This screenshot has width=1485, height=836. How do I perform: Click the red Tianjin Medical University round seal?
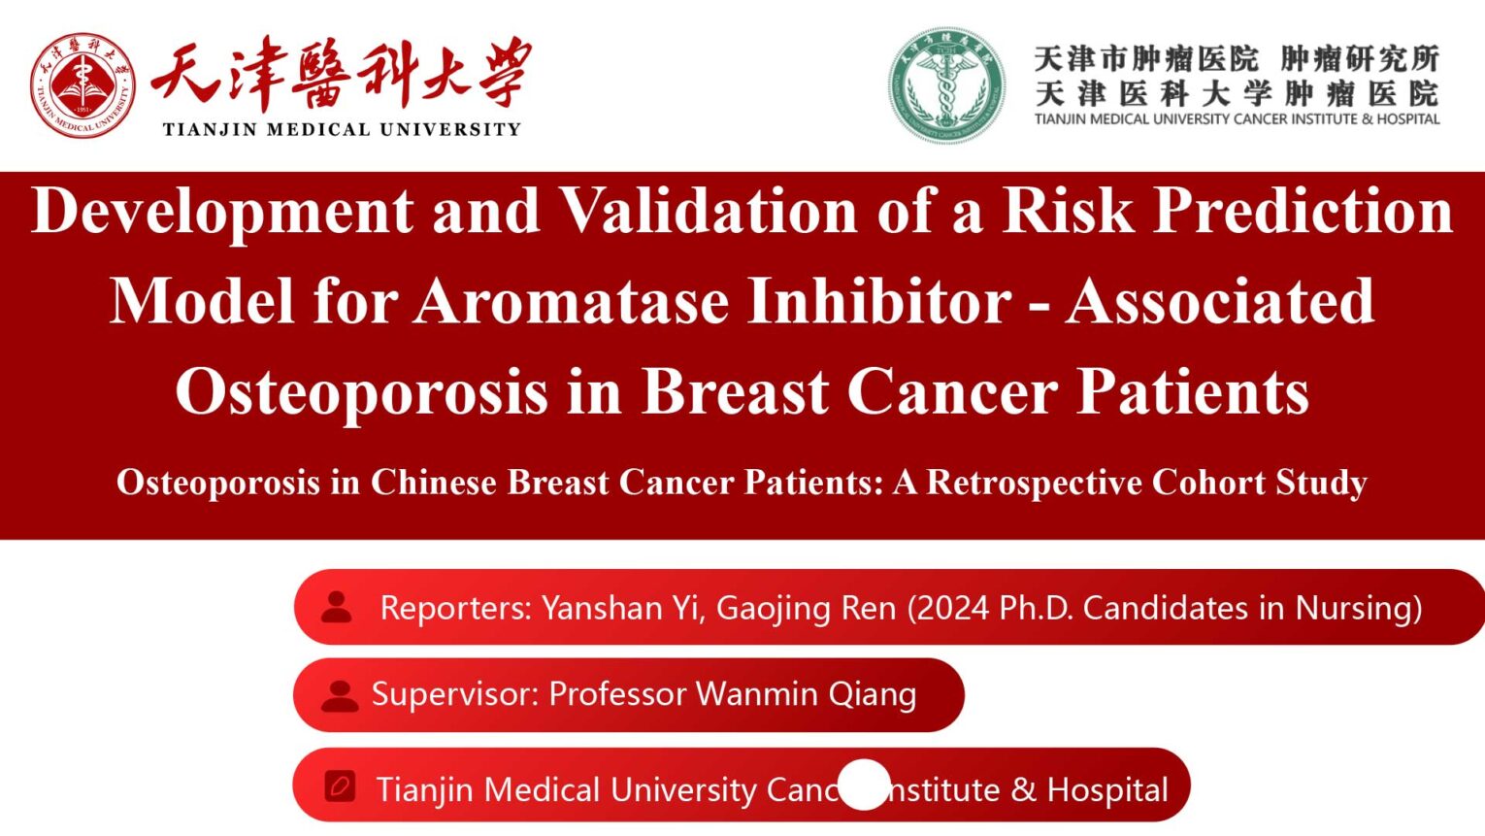coord(82,85)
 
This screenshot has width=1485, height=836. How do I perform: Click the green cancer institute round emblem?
coord(946,85)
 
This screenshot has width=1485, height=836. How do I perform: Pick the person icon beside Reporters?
coord(337,607)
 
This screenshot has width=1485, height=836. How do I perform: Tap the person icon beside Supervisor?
coord(340,694)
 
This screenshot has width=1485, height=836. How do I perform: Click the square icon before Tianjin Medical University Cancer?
coord(340,786)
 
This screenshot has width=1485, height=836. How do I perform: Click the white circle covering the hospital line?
coord(863,785)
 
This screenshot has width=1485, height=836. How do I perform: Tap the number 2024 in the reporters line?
coord(952,608)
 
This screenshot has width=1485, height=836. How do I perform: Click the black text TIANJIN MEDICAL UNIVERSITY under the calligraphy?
coord(342,129)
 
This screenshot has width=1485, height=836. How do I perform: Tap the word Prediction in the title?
coord(1303,211)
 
